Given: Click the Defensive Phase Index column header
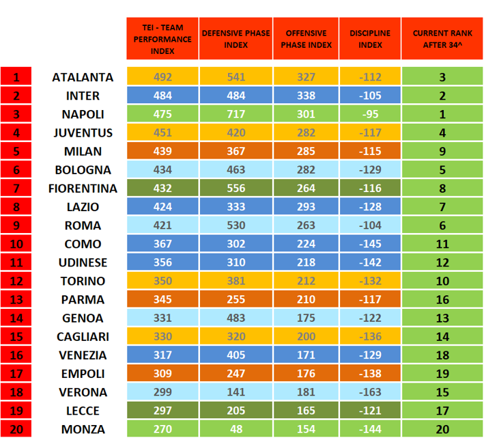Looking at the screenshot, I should pyautogui.click(x=235, y=39).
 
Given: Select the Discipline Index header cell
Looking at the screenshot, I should pyautogui.click(x=370, y=39).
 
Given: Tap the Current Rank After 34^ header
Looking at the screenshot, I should pyautogui.click(x=442, y=39).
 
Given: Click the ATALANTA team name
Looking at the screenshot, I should pyautogui.click(x=83, y=77).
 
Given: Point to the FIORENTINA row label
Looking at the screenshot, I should pyautogui.click(x=83, y=189).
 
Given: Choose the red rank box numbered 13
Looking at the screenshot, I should pyautogui.click(x=16, y=299).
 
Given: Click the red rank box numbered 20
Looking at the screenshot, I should pyautogui.click(x=16, y=429).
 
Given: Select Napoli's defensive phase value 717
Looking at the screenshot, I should pyautogui.click(x=235, y=114).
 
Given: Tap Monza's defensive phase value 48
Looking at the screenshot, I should pyautogui.click(x=235, y=429).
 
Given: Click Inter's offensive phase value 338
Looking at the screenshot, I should pyautogui.click(x=306, y=96).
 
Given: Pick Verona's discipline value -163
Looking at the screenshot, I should pyautogui.click(x=370, y=392).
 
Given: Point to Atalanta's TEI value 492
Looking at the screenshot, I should pyautogui.click(x=162, y=77).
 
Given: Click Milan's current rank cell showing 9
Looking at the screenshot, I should pyautogui.click(x=442, y=151).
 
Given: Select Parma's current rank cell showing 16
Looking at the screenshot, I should pyautogui.click(x=442, y=299).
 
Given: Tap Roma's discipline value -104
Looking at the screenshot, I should pyautogui.click(x=370, y=225).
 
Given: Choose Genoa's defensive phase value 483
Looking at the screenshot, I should pyautogui.click(x=235, y=318).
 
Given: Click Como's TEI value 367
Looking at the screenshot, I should pyautogui.click(x=162, y=244).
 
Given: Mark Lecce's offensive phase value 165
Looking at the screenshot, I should pyautogui.click(x=306, y=411).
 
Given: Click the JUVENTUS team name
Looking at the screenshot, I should pyautogui.click(x=83, y=133).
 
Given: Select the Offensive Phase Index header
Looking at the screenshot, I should pyautogui.click(x=306, y=39).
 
